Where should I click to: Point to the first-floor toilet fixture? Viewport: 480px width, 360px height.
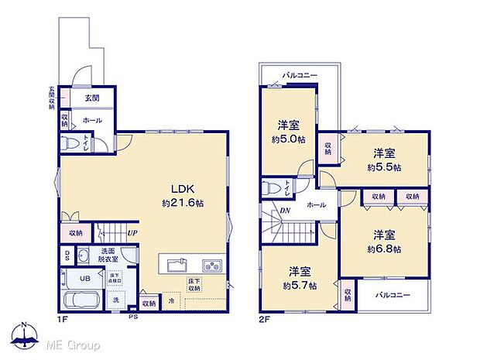tap(73, 144)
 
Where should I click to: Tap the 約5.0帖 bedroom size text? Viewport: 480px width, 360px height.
tap(287, 139)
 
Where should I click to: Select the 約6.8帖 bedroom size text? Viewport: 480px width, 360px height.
tap(384, 249)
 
